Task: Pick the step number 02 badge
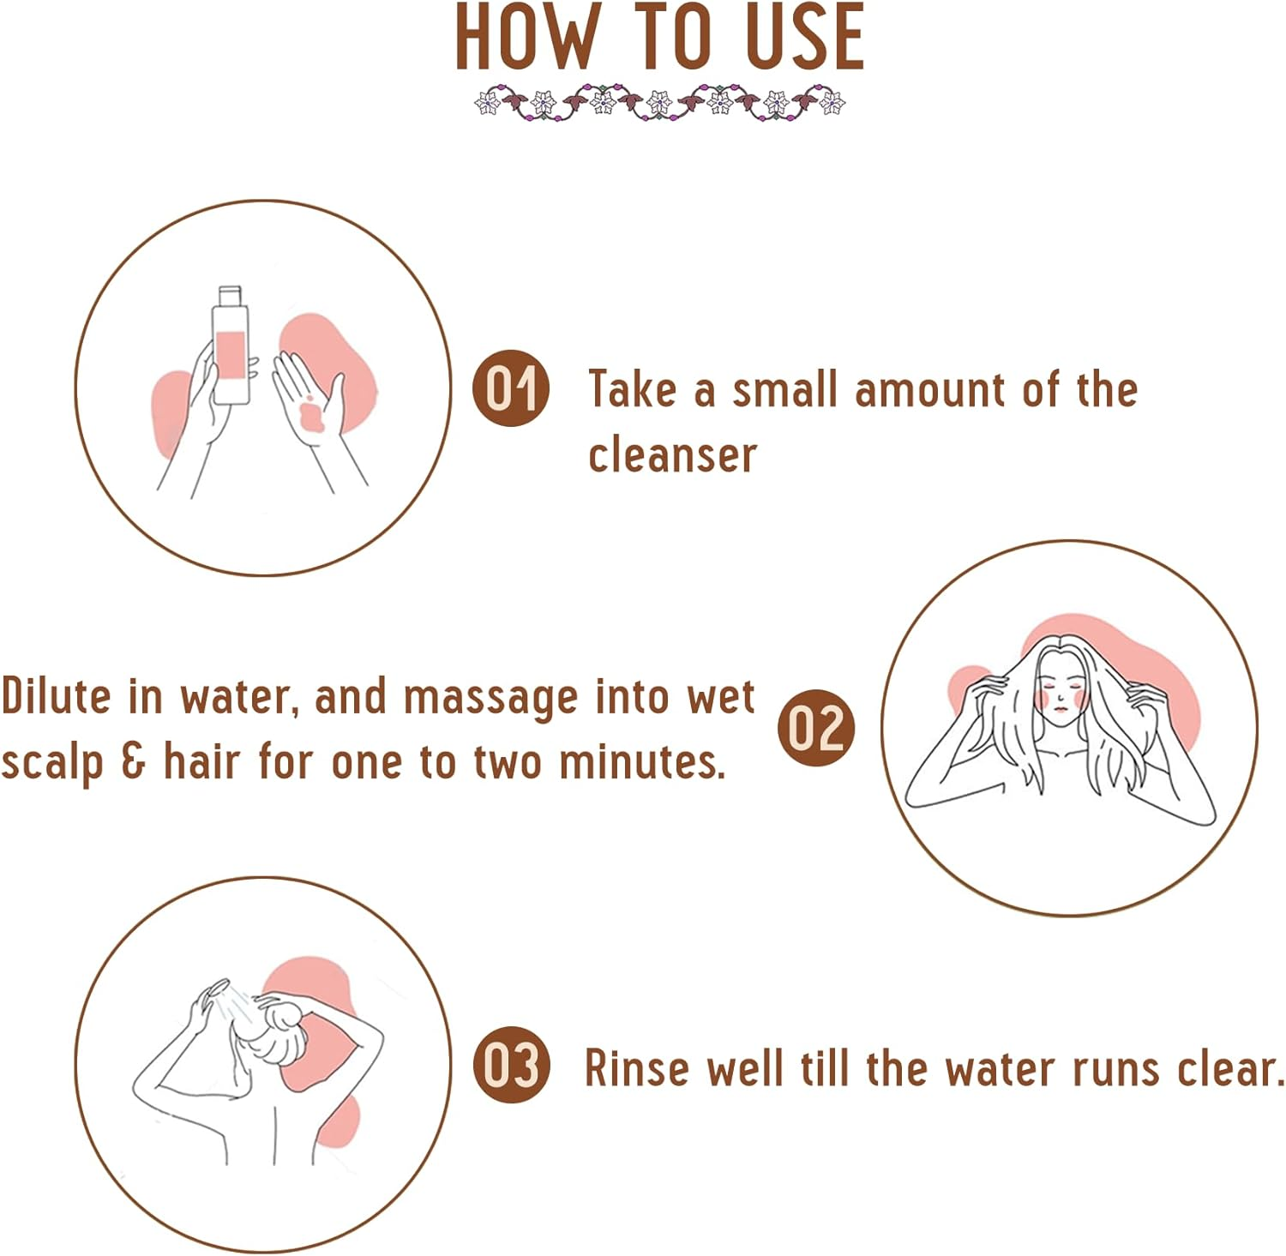(x=815, y=727)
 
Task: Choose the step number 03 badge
(x=511, y=1064)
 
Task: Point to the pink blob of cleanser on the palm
(x=309, y=415)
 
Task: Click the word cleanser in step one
(x=672, y=454)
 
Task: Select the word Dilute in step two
(x=56, y=695)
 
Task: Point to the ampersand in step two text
(x=133, y=760)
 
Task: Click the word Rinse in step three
(x=636, y=1068)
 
